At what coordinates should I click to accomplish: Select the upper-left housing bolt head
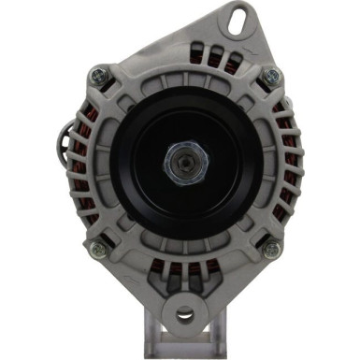click(97, 75)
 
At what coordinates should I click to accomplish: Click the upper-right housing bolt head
click(271, 76)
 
